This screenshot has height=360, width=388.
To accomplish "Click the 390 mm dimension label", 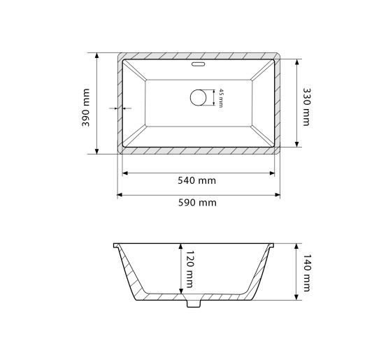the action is (86, 108).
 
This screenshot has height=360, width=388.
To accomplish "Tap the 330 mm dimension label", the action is (306, 107).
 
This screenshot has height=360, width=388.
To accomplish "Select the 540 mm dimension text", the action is (196, 180).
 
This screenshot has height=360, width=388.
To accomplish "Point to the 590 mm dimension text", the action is (197, 203).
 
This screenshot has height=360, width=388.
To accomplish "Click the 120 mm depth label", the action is (189, 269).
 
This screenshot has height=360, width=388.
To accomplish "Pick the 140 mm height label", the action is (306, 273).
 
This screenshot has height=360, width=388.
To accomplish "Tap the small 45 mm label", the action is (221, 98).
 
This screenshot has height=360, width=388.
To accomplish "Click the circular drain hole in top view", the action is (199, 98).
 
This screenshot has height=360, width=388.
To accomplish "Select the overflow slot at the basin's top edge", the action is (199, 64).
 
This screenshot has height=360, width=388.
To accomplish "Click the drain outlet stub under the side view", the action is (194, 303).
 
